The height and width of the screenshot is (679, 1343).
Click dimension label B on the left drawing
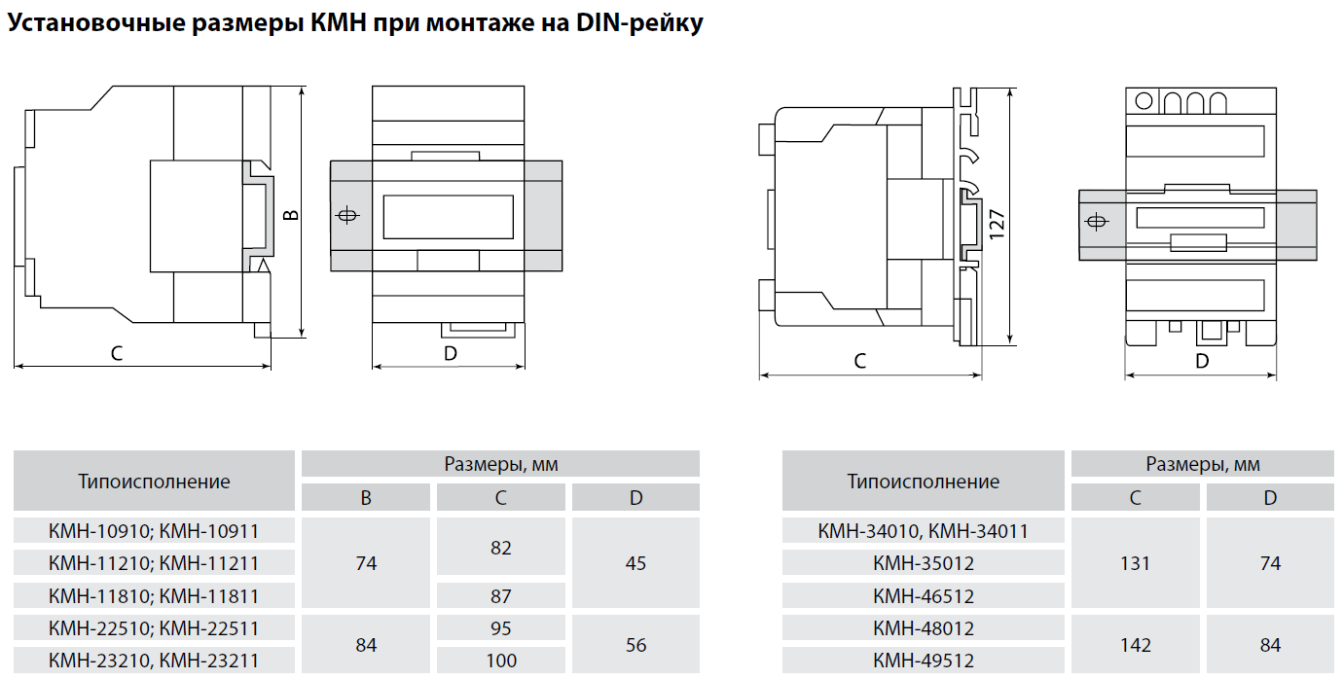pyautogui.click(x=289, y=214)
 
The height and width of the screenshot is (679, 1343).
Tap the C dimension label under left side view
pyautogui.click(x=117, y=354)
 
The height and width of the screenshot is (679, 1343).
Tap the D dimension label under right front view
pyautogui.click(x=1201, y=362)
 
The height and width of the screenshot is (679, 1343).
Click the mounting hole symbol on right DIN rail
pyautogui.click(x=1095, y=223)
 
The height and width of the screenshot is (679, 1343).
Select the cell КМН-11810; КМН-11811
pyautogui.click(x=154, y=595)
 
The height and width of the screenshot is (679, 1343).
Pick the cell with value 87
pyautogui.click(x=500, y=595)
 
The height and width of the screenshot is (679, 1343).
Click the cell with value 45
pyautogui.click(x=635, y=563)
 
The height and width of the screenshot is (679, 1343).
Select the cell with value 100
pyautogui.click(x=500, y=661)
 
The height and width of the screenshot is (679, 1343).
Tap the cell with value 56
pyautogui.click(x=635, y=644)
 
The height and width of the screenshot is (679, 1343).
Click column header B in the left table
pyautogui.click(x=366, y=498)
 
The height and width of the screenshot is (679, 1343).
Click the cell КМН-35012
pyautogui.click(x=923, y=563)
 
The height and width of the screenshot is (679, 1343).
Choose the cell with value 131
pyautogui.click(x=1135, y=563)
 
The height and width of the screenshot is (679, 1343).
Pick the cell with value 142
pyautogui.click(x=1135, y=644)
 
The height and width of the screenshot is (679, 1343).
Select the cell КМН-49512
pyautogui.click(x=923, y=661)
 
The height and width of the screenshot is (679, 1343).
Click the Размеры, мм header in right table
pyautogui.click(x=1202, y=464)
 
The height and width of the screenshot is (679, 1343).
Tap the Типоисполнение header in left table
pyautogui.click(x=154, y=482)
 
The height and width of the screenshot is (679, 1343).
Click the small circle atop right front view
pyautogui.click(x=1143, y=100)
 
